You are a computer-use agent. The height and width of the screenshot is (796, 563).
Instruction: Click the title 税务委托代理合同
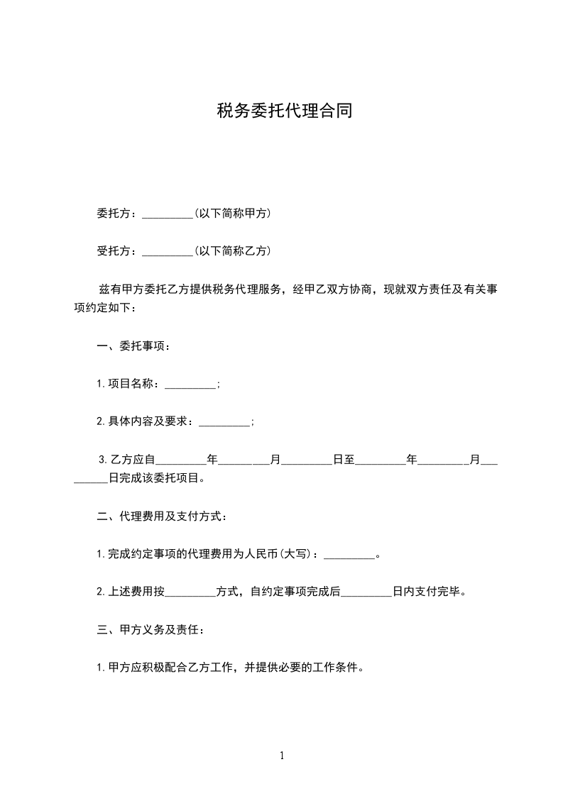[284, 111]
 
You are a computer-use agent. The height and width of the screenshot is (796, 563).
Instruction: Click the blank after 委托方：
[168, 214]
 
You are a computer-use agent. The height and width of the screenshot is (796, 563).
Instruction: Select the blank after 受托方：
[168, 251]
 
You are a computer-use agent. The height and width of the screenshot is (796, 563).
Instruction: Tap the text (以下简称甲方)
[231, 213]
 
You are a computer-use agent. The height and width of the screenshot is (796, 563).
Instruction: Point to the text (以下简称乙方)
[231, 250]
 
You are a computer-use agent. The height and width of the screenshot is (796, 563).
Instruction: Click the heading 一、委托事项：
[133, 347]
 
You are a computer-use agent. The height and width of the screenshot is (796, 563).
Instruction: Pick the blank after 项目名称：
[190, 385]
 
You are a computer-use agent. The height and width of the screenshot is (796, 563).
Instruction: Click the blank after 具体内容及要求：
[224, 422]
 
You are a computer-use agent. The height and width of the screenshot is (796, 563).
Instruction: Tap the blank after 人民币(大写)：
[349, 554]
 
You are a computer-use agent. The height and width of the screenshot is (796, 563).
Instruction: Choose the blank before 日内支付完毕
[366, 592]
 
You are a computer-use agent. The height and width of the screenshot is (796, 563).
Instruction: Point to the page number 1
[282, 756]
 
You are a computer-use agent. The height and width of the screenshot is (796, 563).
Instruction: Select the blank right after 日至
[380, 460]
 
